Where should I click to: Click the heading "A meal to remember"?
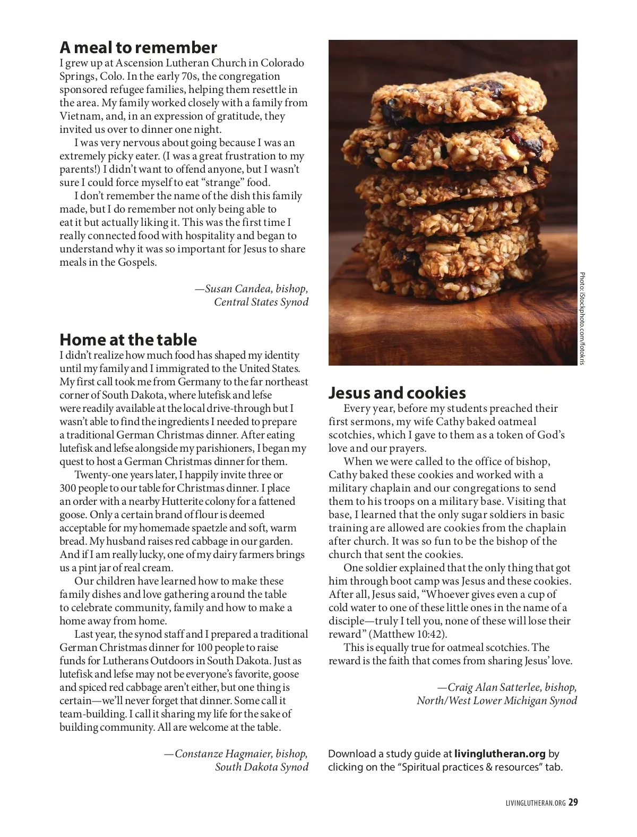point(138,48)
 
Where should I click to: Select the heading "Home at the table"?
point(128,340)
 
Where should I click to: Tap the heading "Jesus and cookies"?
point(397,393)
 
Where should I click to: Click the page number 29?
point(573,803)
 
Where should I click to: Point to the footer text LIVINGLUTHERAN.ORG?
point(536,804)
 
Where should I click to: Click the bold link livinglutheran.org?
point(500,754)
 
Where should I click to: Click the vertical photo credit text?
point(582,318)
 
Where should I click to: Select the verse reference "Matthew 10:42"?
point(408,635)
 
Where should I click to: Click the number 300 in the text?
point(68,488)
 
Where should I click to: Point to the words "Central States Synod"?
point(261,302)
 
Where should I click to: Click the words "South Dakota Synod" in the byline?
point(262,767)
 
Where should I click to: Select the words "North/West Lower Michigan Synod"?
point(497,701)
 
